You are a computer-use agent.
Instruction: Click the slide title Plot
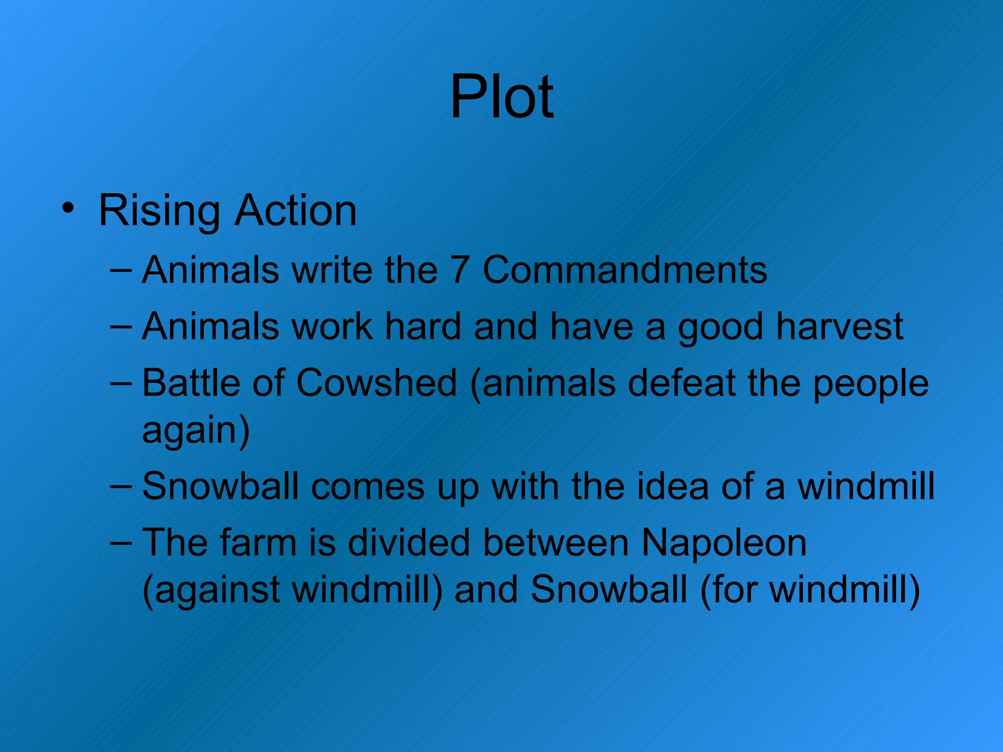(501, 96)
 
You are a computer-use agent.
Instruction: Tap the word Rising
(159, 211)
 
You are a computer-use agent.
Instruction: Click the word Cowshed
(377, 382)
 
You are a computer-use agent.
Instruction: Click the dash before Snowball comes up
(121, 486)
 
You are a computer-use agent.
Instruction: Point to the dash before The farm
(121, 542)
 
